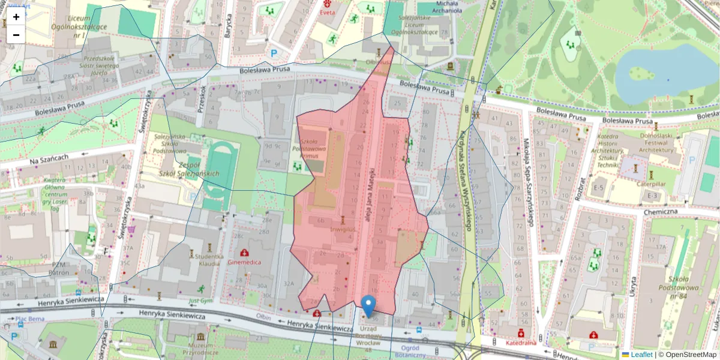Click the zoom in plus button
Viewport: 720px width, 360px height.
[x=16, y=17]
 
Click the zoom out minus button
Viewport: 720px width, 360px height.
[x=16, y=35]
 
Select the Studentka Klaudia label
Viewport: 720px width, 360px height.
[x=209, y=259]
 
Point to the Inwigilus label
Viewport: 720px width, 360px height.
[x=343, y=229]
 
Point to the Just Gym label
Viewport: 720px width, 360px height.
[x=201, y=301]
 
